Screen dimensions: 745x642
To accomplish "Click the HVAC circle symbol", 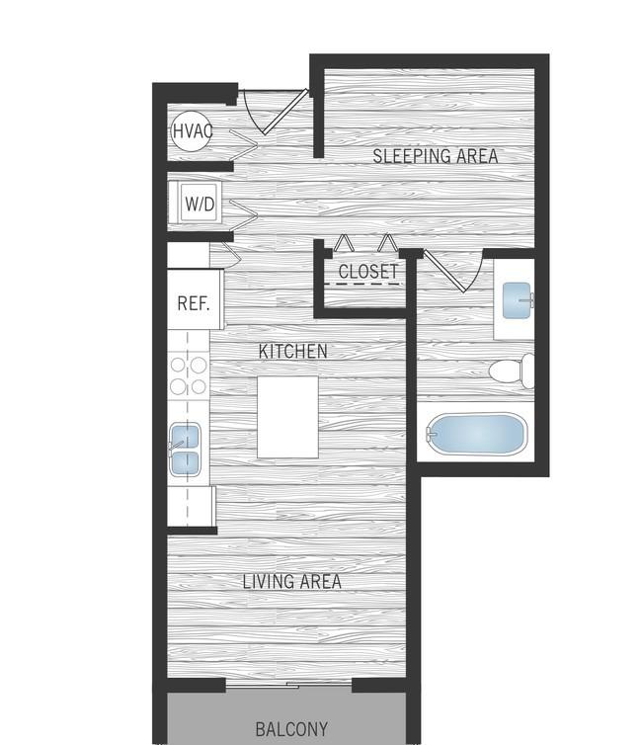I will (x=190, y=130).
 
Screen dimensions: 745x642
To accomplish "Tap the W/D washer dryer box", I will (x=200, y=205).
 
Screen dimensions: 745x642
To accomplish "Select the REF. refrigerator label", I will (x=194, y=302).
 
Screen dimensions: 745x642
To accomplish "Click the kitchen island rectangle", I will (x=287, y=416).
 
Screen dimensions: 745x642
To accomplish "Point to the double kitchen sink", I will (x=185, y=450).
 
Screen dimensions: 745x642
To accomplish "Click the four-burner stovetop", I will (x=188, y=375).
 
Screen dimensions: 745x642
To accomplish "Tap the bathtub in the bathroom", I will (x=476, y=435).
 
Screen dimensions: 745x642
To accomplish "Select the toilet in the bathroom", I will (x=512, y=372).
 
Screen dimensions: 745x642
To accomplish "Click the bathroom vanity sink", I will (x=517, y=299).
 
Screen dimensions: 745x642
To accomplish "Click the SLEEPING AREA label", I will (x=435, y=156).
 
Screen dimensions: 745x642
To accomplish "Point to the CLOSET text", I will (x=367, y=272).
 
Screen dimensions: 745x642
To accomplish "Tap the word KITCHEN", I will (x=292, y=351).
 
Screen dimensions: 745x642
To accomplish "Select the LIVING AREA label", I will (x=292, y=582).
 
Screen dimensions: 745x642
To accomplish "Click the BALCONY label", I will (x=291, y=730).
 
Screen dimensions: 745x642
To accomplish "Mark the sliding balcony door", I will (x=288, y=685).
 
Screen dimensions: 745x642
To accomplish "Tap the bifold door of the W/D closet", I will (x=242, y=210).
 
